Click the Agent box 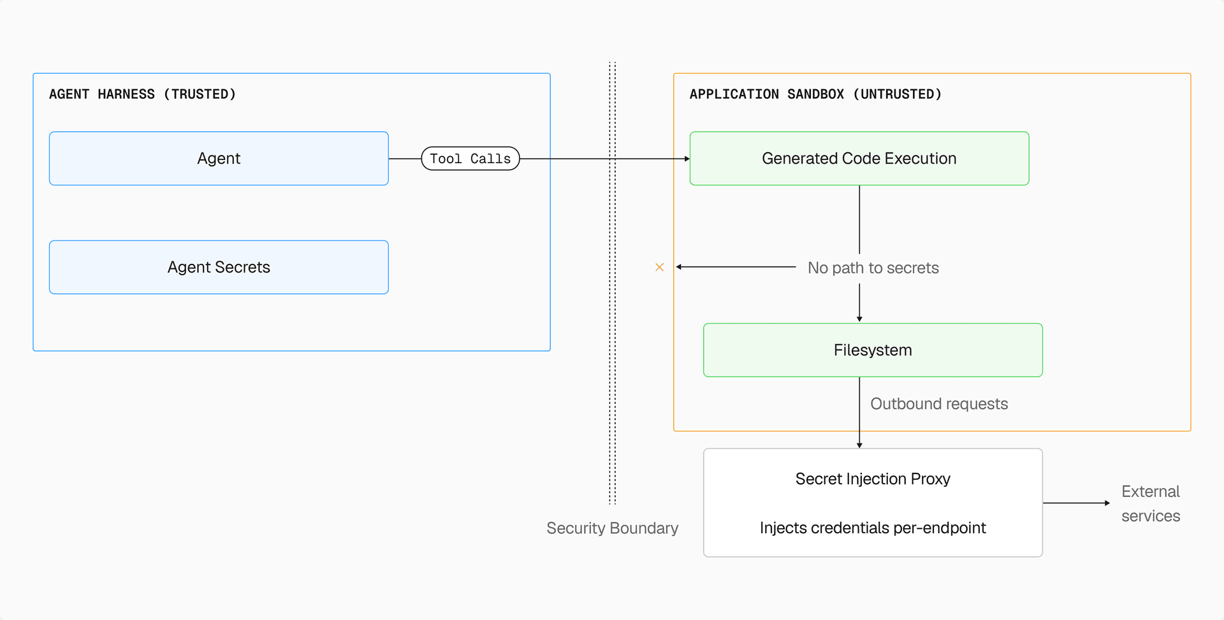(219, 159)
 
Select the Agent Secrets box (219, 267)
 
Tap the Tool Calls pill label (470, 159)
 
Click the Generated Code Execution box (859, 159)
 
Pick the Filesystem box (873, 350)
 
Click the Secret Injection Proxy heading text (873, 479)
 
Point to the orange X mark (660, 267)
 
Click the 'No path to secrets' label (873, 268)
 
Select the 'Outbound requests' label (938, 404)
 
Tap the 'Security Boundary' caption (612, 528)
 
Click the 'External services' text (1151, 503)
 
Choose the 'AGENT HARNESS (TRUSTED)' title (142, 94)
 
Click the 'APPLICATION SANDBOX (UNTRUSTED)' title (815, 94)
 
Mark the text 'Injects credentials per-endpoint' (873, 528)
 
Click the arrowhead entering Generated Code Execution (687, 159)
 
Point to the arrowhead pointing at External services (1107, 503)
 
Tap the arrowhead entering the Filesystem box (859, 319)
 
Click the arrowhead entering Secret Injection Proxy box (859, 445)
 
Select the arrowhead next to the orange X (680, 267)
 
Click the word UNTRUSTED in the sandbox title (898, 94)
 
